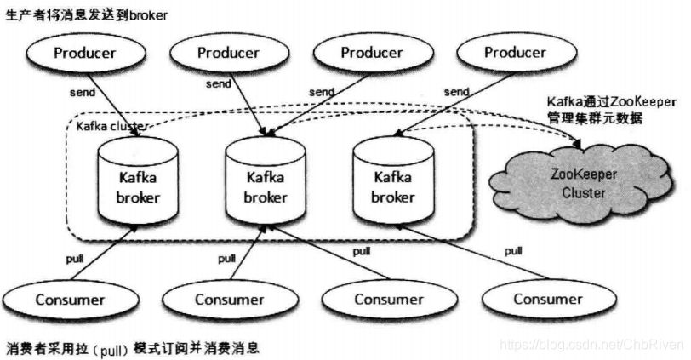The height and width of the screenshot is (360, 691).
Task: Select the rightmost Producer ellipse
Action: (515, 53)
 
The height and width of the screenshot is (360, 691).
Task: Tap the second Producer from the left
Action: (228, 53)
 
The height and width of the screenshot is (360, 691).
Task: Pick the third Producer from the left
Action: (371, 53)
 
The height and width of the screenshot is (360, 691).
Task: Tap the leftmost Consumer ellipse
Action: (70, 299)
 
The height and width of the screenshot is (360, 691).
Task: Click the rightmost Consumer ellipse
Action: (548, 299)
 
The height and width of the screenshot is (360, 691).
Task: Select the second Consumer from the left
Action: (229, 299)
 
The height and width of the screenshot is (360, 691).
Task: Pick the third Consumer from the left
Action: (388, 299)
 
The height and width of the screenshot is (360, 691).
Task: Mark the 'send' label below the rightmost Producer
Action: (456, 91)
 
